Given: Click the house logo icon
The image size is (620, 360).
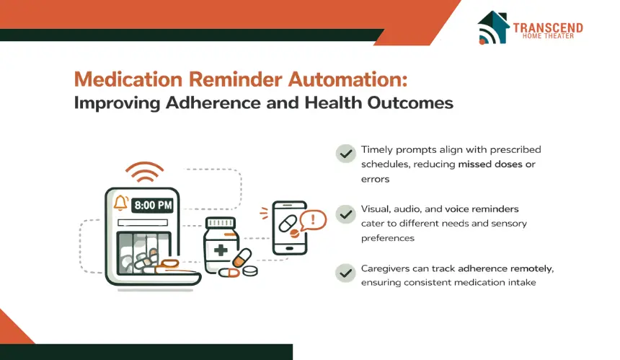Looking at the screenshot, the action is [492, 27].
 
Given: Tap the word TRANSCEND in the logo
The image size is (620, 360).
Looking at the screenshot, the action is [548, 27].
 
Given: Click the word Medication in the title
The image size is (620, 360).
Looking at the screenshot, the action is [128, 79].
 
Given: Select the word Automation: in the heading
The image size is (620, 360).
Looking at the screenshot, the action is [347, 79].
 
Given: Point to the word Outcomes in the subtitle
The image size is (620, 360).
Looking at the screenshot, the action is [410, 103].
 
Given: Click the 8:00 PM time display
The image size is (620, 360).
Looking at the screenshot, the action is [153, 206].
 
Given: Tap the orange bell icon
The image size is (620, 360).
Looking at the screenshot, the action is [120, 203].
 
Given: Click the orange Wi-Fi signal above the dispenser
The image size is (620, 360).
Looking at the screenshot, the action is [145, 172].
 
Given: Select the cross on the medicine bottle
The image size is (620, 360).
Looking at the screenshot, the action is [220, 250].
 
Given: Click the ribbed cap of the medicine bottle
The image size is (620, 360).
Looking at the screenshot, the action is [221, 223].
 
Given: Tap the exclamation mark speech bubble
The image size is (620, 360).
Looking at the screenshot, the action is [313, 220].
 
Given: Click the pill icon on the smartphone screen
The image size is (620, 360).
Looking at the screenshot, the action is [288, 224].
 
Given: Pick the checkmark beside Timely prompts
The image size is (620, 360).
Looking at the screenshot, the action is [346, 154].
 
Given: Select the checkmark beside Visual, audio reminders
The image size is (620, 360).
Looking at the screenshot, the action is [346, 214].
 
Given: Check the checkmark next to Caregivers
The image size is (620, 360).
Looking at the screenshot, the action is [346, 273].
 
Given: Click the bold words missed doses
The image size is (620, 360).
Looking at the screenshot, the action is [490, 164].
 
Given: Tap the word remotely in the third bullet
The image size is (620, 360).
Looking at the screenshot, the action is [532, 269].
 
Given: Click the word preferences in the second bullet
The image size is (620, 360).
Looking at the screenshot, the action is [388, 238].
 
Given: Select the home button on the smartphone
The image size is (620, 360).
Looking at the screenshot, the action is [289, 249].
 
